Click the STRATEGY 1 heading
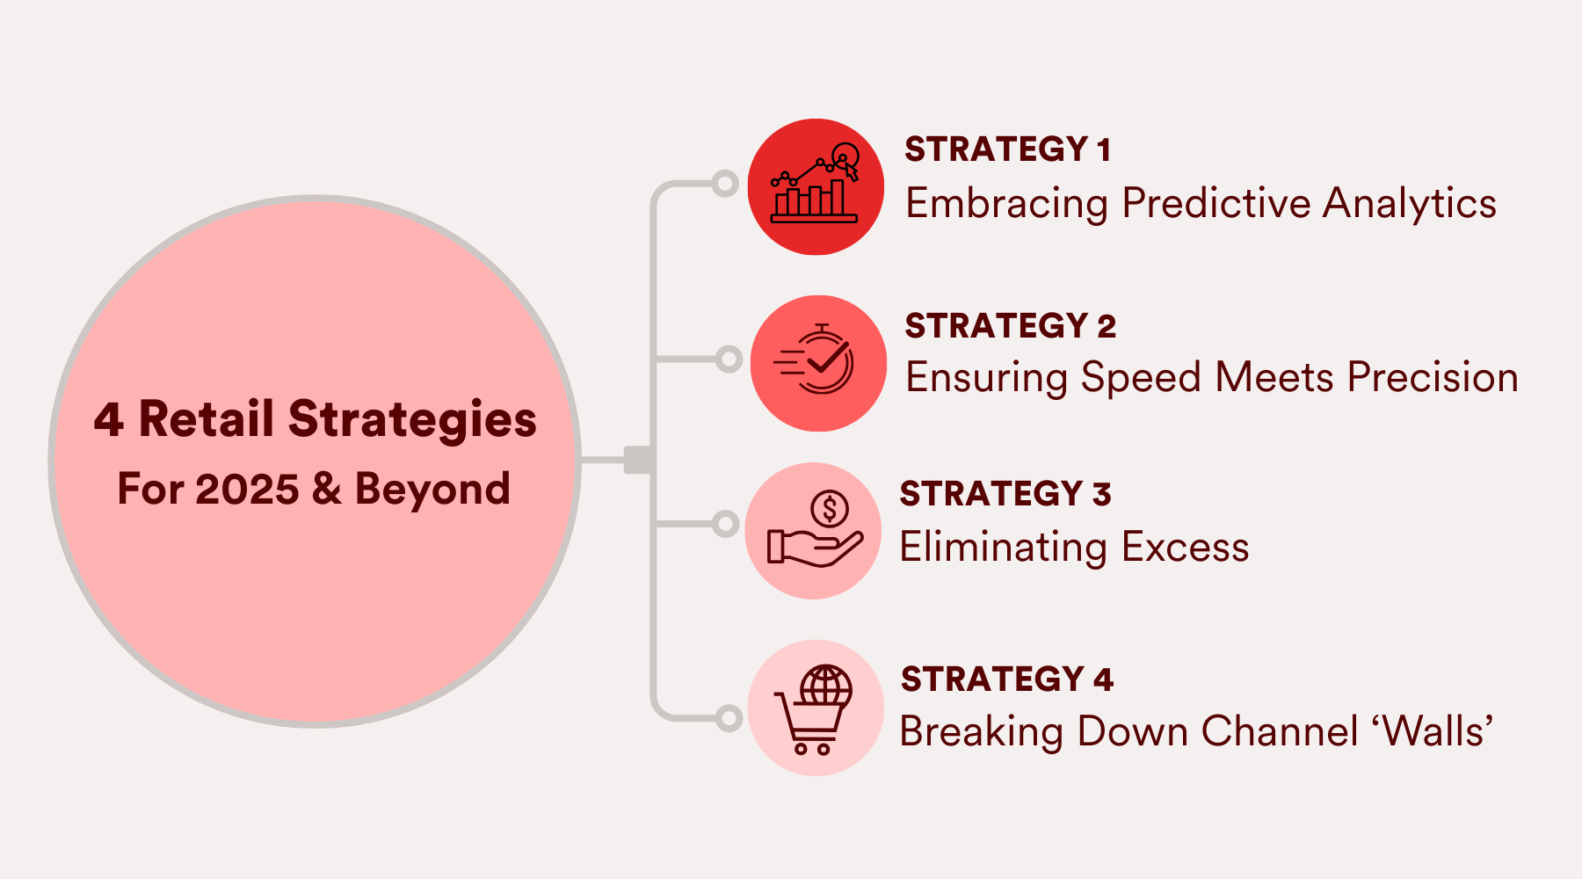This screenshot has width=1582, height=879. coord(1007,149)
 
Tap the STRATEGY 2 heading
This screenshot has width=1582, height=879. coord(1010,326)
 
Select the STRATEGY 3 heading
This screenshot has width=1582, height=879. coord(1005,494)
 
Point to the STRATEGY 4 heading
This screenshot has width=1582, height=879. coord(1006,679)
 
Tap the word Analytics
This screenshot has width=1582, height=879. coord(1409,203)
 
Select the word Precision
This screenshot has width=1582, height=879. coord(1432,377)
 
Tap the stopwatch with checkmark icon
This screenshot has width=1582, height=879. coord(817,362)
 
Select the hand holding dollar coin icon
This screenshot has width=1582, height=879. coord(813,531)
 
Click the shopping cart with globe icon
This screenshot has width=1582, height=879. coord(815,708)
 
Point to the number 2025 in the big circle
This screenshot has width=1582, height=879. coord(247,489)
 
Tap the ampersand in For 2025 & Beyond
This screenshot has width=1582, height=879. coord(326,489)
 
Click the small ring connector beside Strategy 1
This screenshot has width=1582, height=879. coord(725,184)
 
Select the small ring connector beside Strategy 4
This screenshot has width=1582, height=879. coord(729,718)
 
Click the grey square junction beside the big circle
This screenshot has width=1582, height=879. coord(637,459)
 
